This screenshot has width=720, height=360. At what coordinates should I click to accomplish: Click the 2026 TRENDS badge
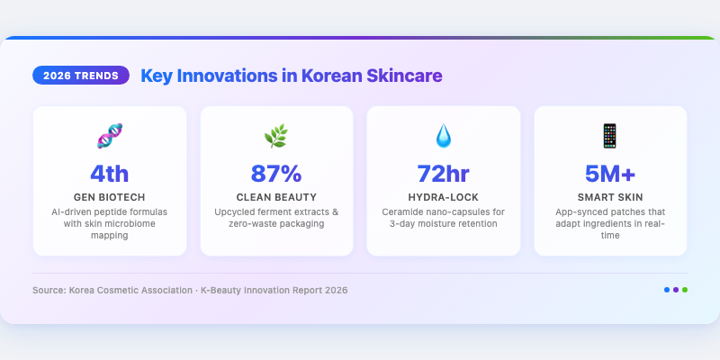[81, 76]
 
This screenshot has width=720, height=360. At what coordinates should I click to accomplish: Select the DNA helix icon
[109, 136]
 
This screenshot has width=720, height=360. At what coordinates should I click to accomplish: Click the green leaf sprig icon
[276, 136]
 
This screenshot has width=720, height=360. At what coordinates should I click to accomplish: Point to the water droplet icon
[444, 136]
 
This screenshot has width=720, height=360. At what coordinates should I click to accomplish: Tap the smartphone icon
[610, 136]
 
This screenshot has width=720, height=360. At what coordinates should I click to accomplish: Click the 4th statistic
[109, 174]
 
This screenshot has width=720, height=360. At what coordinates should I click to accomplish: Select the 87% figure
[276, 174]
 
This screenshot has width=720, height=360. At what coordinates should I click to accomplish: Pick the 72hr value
[444, 174]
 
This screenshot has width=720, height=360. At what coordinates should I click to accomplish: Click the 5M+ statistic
[610, 174]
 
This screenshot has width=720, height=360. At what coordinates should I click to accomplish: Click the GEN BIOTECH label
[109, 197]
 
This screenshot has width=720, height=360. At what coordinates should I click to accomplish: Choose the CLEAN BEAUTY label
[276, 197]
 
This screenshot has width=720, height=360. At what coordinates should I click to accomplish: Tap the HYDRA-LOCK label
[444, 197]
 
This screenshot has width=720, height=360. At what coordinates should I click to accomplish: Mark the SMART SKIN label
[610, 197]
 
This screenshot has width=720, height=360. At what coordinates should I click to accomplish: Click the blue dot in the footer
[667, 290]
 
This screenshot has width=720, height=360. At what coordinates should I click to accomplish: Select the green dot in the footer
[685, 290]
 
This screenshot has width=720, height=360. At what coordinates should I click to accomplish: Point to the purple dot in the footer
[676, 290]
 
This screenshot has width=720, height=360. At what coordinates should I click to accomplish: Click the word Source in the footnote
[49, 290]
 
